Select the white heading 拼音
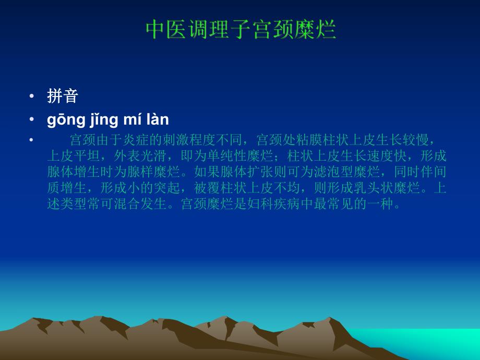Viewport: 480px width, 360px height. [x=62, y=96]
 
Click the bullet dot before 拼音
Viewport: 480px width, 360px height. [x=32, y=96]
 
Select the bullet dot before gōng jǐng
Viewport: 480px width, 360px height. [x=32, y=119]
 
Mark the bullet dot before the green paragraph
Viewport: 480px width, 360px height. [x=32, y=140]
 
